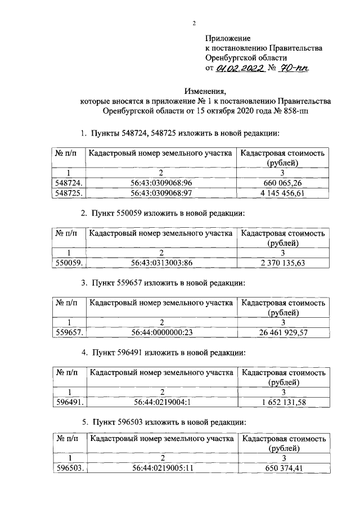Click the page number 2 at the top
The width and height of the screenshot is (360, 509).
pyautogui.click(x=194, y=23)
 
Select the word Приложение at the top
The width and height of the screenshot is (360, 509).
pyautogui.click(x=227, y=38)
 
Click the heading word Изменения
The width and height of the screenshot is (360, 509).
pyautogui.click(x=205, y=91)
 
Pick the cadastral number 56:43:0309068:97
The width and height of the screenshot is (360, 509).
pyautogui.click(x=161, y=193)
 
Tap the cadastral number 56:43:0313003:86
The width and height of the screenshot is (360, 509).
pyautogui.click(x=161, y=262)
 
